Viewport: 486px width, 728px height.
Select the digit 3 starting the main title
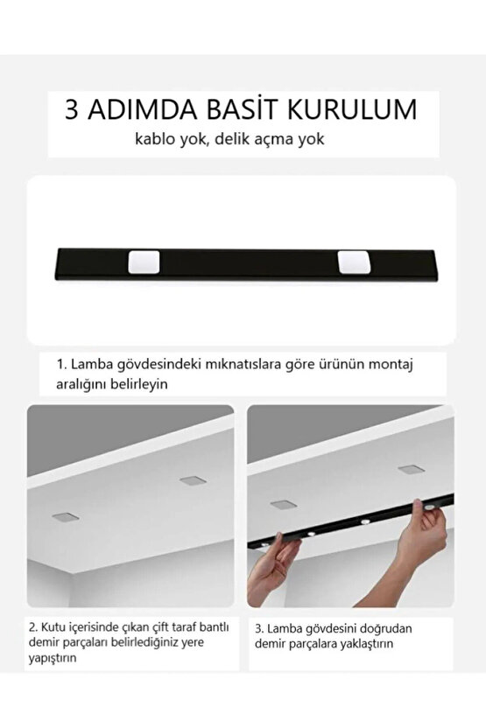tap(73, 109)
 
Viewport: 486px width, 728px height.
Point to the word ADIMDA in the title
tap(141, 109)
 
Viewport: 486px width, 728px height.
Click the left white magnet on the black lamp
tap(143, 261)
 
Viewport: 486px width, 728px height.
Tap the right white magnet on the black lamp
tap(352, 261)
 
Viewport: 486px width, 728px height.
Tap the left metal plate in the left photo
tap(65, 517)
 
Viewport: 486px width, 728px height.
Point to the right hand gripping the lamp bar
tap(423, 542)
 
